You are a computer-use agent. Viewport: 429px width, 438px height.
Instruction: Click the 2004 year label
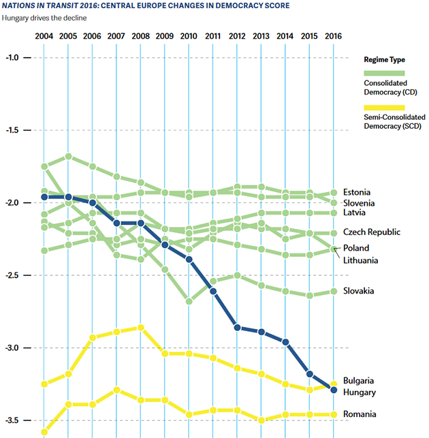click(x=44, y=35)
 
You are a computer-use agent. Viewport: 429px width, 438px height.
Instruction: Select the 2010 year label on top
click(x=189, y=35)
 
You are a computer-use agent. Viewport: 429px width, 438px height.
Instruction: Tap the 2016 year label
click(x=334, y=35)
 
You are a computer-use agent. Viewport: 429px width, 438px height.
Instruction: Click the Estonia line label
click(x=358, y=192)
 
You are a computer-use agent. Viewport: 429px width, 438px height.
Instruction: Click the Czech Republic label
click(x=372, y=232)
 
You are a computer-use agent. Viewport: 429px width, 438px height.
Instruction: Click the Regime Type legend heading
click(x=385, y=60)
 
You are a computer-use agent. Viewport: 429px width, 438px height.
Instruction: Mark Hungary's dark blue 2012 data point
click(x=237, y=327)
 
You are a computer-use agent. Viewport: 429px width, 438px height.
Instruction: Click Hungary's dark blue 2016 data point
click(x=334, y=390)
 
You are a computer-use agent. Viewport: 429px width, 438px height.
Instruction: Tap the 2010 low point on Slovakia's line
click(x=189, y=301)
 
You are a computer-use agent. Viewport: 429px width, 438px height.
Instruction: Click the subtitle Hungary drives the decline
click(x=45, y=16)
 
